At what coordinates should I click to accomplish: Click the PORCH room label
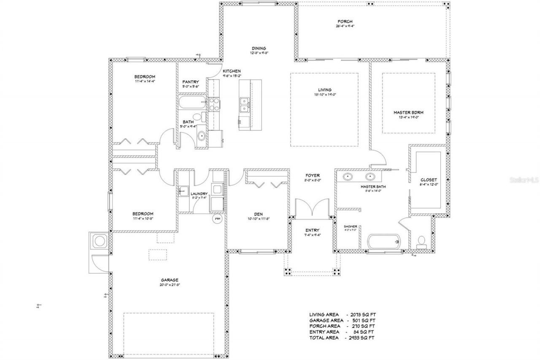click(x=345, y=22)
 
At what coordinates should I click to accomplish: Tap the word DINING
click(x=259, y=48)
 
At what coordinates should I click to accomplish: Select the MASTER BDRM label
click(x=408, y=113)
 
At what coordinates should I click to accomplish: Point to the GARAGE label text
click(x=169, y=280)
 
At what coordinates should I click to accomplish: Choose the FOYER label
click(x=313, y=175)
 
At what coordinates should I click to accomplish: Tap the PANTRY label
click(x=190, y=82)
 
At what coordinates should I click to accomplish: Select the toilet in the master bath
click(x=420, y=241)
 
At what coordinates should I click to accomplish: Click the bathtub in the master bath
click(x=383, y=242)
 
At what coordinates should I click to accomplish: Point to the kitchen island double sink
click(x=244, y=106)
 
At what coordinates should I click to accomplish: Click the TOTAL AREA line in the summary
click(x=342, y=338)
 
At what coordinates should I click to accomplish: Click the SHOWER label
click(x=350, y=226)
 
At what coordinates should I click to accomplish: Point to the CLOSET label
click(x=429, y=179)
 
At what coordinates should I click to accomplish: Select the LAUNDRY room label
click(x=199, y=194)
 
